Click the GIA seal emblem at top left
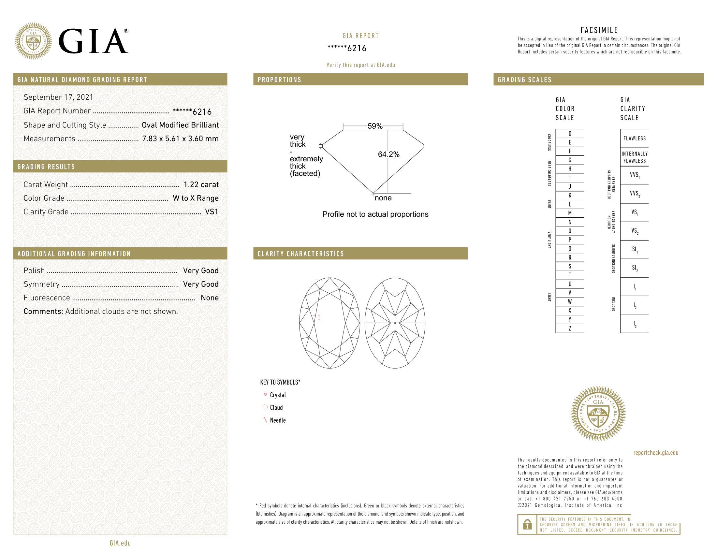[x=34, y=41]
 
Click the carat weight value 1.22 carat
[x=201, y=184]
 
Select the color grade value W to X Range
[x=196, y=198]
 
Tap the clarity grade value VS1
[x=212, y=212]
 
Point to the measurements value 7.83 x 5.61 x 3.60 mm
[x=180, y=138]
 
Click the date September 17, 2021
[x=58, y=97]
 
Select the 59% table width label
[x=375, y=126]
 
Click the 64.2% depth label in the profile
[x=389, y=154]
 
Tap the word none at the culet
[x=383, y=198]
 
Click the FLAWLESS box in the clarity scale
[x=634, y=138]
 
